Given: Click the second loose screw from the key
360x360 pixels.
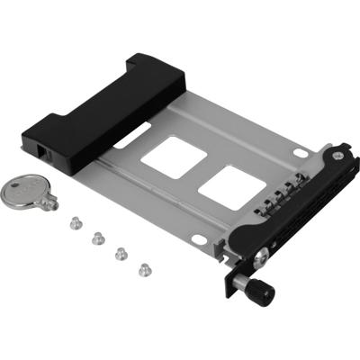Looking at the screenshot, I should tap(96, 238).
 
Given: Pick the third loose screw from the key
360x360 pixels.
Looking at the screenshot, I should tap(120, 253).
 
